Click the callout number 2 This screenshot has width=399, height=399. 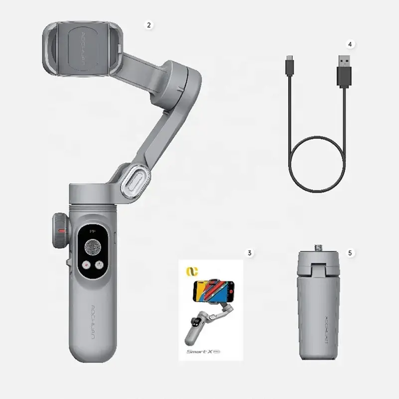coord(148,25)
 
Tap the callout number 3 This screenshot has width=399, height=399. coord(250,253)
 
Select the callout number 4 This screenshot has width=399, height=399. coord(350,43)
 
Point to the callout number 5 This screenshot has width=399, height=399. coord(350,253)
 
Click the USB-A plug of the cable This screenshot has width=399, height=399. coord(345,70)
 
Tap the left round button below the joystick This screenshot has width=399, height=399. coord(86,265)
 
